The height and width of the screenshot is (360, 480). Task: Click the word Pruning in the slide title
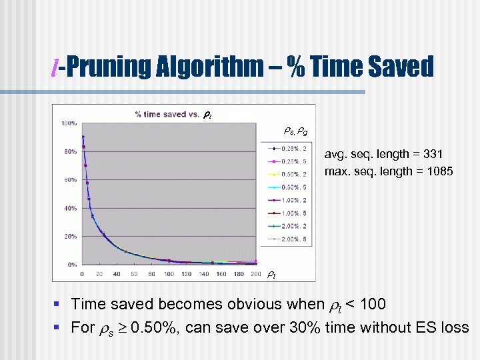[110, 67]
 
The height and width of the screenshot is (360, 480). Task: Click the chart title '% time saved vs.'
[167, 114]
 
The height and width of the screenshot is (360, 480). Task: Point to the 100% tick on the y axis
[69, 123]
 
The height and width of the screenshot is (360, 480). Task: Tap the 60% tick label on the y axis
[69, 180]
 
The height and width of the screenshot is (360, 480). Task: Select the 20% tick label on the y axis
[69, 237]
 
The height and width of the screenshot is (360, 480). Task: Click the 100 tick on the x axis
[169, 274]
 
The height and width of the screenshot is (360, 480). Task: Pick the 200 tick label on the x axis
[255, 274]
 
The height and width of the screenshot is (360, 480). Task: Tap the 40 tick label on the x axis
[117, 274]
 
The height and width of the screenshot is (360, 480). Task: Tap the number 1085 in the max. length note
[438, 171]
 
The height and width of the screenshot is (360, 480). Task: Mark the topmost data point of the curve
[83, 137]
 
